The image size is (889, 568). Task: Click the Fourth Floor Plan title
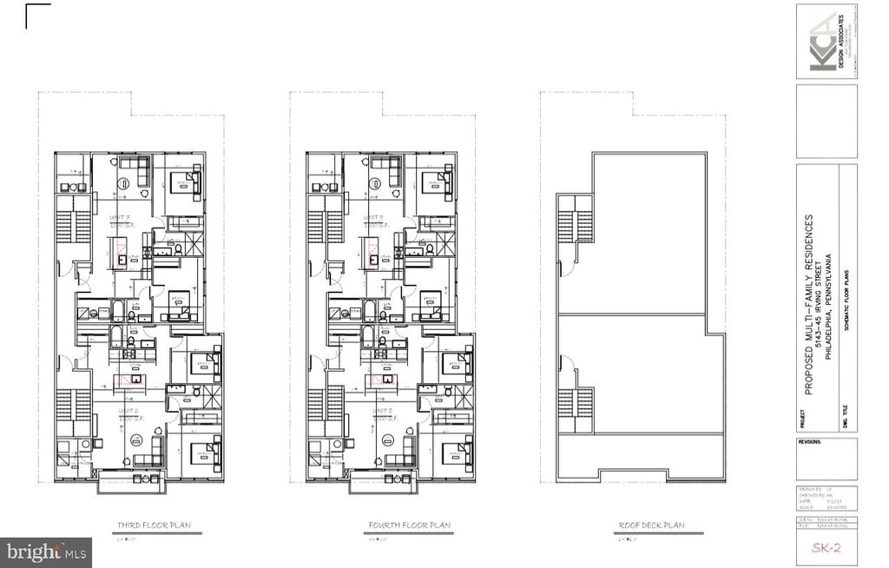[408, 525]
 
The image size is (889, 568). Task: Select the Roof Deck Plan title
[652, 525]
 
